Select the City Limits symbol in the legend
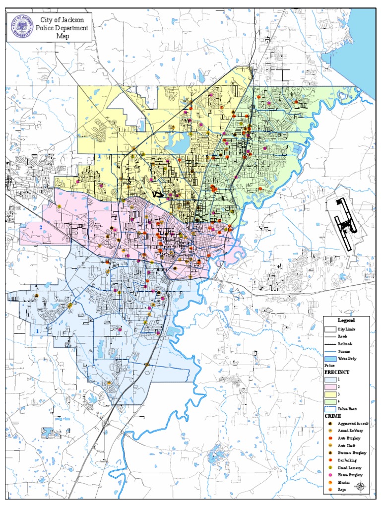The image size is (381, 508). pyautogui.click(x=330, y=329)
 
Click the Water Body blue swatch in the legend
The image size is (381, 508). pyautogui.click(x=330, y=358)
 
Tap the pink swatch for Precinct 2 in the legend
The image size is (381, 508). pyautogui.click(x=330, y=386)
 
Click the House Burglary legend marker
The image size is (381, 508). pyautogui.click(x=330, y=475)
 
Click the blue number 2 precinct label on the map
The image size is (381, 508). pyautogui.click(x=41, y=228)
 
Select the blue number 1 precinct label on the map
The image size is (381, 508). pyautogui.click(x=37, y=331)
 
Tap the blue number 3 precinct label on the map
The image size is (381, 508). pyautogui.click(x=99, y=157)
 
